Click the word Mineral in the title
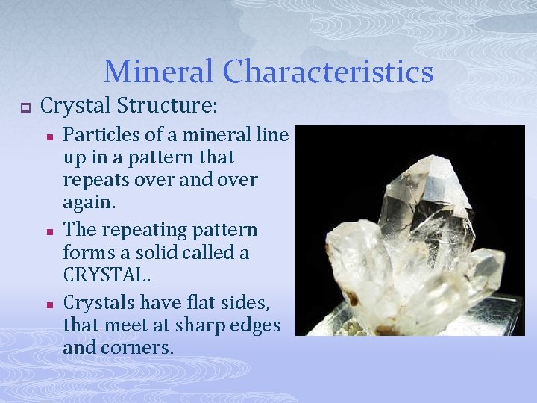159,72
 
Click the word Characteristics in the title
328,72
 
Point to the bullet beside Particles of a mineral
47,137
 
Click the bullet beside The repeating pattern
47,231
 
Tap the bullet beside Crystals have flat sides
47,304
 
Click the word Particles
96,135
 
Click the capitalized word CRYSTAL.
107,274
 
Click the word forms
86,252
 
